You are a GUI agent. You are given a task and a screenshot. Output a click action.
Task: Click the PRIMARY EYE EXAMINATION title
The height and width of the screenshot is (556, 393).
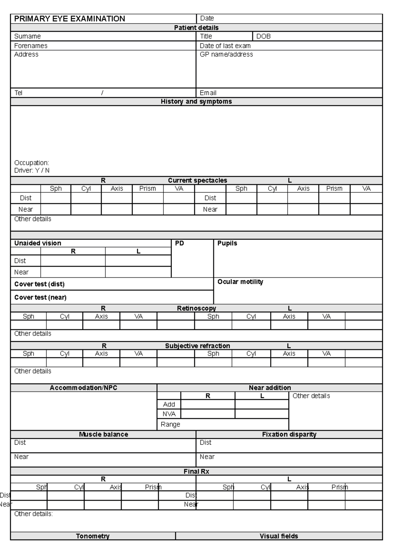(x=69, y=19)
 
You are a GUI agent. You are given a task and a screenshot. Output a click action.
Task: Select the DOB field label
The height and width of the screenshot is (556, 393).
(x=263, y=36)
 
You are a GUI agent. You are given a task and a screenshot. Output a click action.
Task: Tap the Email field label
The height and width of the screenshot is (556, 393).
(x=208, y=93)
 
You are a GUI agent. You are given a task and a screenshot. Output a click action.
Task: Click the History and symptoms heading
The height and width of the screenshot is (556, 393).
(x=196, y=102)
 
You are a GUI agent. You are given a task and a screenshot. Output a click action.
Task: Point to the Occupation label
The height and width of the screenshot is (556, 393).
(x=31, y=163)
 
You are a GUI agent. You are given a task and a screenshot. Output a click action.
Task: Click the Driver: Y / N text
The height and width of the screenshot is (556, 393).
(x=32, y=170)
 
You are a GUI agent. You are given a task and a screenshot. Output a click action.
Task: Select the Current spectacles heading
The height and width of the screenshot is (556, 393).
(x=197, y=180)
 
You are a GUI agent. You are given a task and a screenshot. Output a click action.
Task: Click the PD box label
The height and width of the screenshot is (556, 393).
(x=179, y=243)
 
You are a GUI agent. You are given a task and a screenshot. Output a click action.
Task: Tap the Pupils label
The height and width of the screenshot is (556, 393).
(x=227, y=243)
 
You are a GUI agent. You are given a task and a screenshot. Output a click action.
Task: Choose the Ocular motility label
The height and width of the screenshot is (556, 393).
(x=240, y=282)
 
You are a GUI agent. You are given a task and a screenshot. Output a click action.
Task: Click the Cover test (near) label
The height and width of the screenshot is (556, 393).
(x=40, y=297)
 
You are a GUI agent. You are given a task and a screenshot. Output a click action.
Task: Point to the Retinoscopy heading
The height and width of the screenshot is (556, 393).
(x=196, y=308)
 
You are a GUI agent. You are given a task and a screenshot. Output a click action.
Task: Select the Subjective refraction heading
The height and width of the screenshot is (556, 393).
(x=197, y=346)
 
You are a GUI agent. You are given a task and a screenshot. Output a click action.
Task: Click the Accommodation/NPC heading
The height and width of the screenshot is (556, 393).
(x=83, y=388)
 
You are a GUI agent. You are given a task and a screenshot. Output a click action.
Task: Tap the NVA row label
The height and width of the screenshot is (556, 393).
(x=169, y=414)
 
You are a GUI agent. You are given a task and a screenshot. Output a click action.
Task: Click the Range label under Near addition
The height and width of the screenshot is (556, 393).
(x=170, y=424)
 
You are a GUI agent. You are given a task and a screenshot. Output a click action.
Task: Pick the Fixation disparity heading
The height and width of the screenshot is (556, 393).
(x=289, y=435)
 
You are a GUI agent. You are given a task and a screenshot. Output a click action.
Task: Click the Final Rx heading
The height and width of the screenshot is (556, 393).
(x=196, y=472)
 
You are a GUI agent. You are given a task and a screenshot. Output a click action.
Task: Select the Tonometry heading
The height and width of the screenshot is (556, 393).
(x=93, y=536)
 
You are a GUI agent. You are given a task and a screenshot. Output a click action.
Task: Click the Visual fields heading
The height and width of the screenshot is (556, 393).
(x=279, y=536)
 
